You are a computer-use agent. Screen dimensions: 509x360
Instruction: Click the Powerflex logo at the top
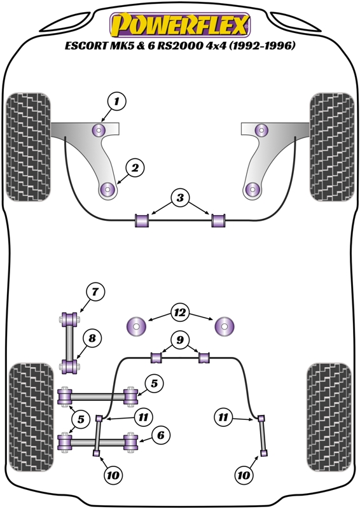click(x=180, y=25)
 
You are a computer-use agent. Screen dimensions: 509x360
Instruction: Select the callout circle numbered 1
click(x=116, y=101)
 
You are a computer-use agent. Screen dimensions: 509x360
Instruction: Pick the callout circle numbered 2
click(x=135, y=168)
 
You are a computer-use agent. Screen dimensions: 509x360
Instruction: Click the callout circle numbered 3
click(x=180, y=198)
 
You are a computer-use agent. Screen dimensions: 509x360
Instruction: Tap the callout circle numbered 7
click(x=93, y=293)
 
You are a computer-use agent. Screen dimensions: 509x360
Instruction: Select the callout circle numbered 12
click(x=180, y=312)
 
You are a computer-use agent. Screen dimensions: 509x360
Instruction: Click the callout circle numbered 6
click(x=160, y=435)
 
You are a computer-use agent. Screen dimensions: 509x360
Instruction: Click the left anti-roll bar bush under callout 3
click(x=142, y=220)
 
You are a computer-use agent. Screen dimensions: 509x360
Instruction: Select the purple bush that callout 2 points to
click(x=107, y=189)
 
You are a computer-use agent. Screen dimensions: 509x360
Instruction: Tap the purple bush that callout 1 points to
click(x=100, y=131)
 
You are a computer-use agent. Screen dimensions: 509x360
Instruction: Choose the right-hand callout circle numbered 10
click(x=244, y=475)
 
